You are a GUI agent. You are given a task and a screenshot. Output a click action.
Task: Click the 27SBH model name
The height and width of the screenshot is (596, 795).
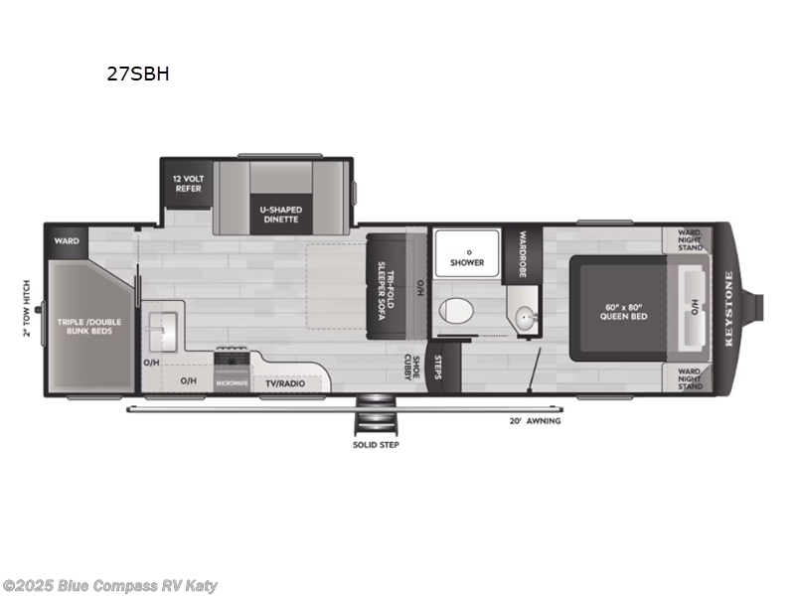click(139, 74)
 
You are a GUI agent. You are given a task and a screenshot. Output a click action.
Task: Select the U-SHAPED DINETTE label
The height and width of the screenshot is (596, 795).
click(281, 214)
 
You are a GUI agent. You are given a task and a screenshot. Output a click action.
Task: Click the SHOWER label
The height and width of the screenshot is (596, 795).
click(466, 262)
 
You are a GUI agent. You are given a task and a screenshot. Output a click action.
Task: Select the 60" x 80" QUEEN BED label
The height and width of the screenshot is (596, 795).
click(624, 310)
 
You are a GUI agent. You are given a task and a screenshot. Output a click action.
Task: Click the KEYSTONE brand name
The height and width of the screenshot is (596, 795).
click(728, 309)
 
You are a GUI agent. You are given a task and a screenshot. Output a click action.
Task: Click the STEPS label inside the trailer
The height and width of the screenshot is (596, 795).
click(434, 369)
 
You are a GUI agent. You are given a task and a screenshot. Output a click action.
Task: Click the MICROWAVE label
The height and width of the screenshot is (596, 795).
click(232, 382)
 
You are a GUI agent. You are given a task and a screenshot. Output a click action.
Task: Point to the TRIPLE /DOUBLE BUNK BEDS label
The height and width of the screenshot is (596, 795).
click(84, 326)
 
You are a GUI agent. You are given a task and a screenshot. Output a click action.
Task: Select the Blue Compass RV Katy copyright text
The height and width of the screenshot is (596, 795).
click(110, 586)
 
